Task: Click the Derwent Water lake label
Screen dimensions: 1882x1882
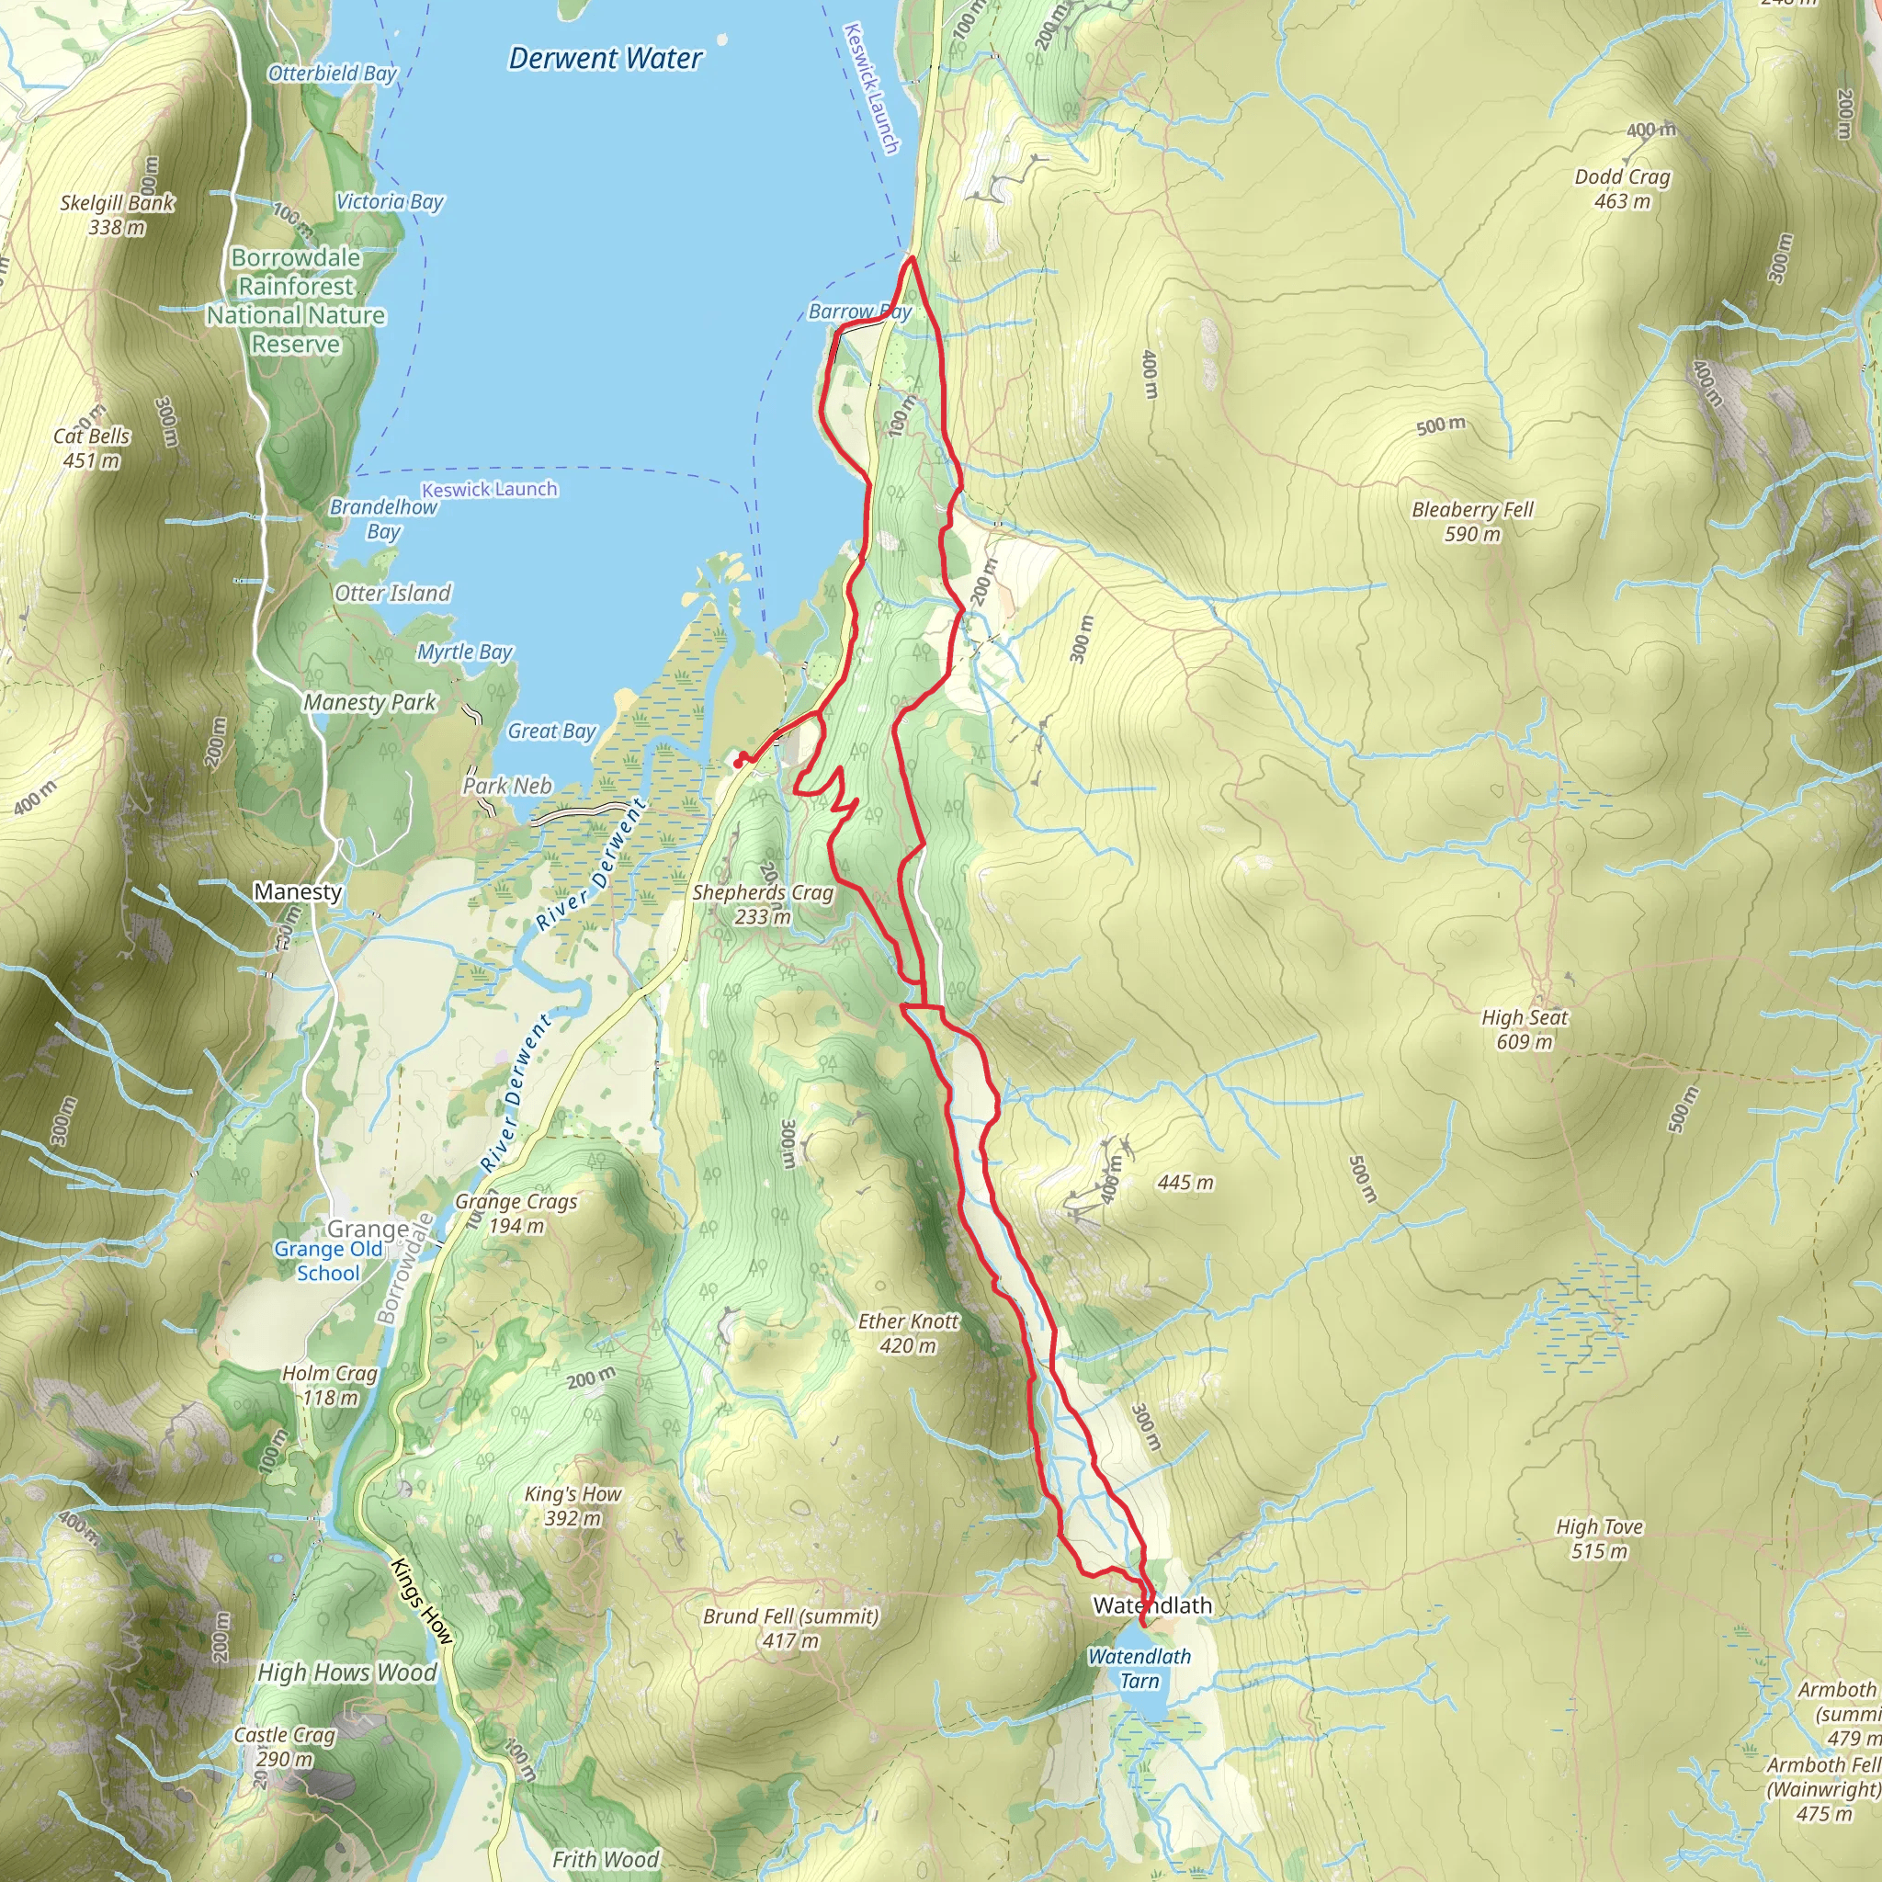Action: point(605,59)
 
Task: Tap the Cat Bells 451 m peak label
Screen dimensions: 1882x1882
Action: point(92,448)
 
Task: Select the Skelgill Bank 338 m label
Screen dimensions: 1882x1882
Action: point(117,214)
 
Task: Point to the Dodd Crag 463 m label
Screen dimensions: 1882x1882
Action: point(1622,188)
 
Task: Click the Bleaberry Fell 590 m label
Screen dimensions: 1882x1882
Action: point(1472,521)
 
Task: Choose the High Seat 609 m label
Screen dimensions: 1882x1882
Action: point(1525,1028)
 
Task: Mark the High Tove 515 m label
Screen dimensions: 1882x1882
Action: point(1599,1538)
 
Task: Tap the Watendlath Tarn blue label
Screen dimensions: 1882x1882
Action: point(1139,1668)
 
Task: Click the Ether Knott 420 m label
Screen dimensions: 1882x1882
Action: point(908,1332)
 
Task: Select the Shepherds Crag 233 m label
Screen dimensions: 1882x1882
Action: point(763,903)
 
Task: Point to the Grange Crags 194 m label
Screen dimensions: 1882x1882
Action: point(516,1213)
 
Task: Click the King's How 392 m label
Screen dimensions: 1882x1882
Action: point(573,1505)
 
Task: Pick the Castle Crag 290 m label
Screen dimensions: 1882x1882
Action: point(285,1747)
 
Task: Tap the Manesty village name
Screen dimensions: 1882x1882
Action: point(297,891)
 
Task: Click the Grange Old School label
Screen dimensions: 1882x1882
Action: point(328,1261)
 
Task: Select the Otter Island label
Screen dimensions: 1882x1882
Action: point(392,594)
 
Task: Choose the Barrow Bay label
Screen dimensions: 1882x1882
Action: point(859,312)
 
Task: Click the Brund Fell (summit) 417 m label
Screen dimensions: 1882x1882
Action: point(790,1627)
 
